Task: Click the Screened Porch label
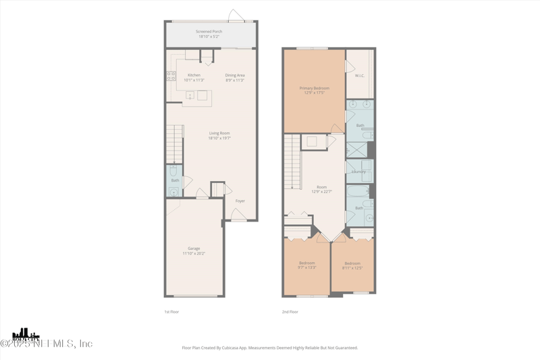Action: pyautogui.click(x=209, y=31)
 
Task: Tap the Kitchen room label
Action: pyautogui.click(x=194, y=75)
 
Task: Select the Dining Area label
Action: pyautogui.click(x=235, y=75)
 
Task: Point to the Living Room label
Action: pyautogui.click(x=219, y=133)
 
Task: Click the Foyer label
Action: pyautogui.click(x=240, y=201)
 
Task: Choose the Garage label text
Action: pyautogui.click(x=193, y=248)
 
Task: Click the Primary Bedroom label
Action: pyautogui.click(x=315, y=88)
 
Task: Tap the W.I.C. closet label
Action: pyautogui.click(x=360, y=76)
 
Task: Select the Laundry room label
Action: pyautogui.click(x=358, y=172)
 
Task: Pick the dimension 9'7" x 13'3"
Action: pyautogui.click(x=307, y=267)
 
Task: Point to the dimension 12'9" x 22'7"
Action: pyautogui.click(x=322, y=192)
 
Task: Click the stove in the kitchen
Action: pyautogui.click(x=171, y=76)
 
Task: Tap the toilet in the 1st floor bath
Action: pyautogui.click(x=173, y=171)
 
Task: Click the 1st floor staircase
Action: pyautogui.click(x=175, y=143)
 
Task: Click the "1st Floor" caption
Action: pyautogui.click(x=172, y=312)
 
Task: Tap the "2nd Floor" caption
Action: pyautogui.click(x=290, y=312)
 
